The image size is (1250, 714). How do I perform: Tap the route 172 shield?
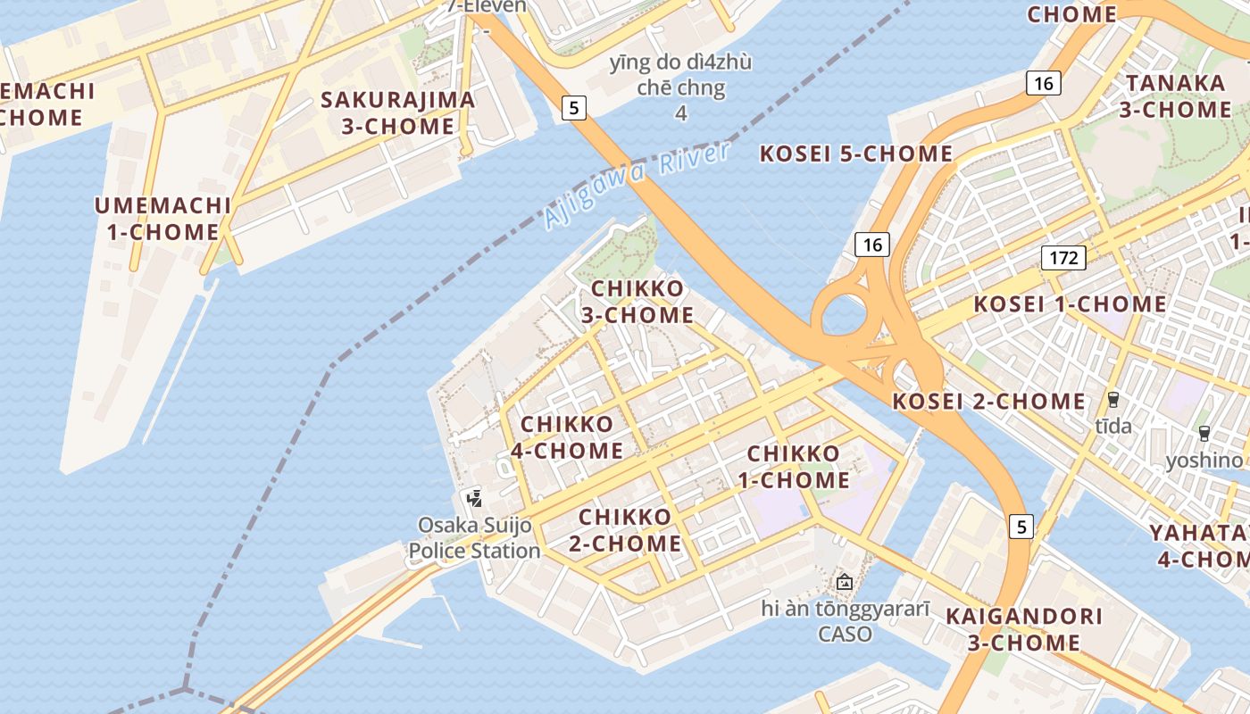point(1062,259)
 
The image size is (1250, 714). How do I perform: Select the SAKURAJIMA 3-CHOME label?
point(397,112)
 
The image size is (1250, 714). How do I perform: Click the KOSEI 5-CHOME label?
point(855,154)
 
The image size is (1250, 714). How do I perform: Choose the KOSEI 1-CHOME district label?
point(1070,304)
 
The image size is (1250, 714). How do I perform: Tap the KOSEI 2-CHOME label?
point(989,402)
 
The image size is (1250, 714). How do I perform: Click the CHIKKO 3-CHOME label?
point(637,302)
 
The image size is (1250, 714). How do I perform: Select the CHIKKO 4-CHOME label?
point(567,437)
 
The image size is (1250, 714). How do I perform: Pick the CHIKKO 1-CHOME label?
point(793,467)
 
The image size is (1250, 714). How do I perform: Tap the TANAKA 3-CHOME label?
point(1175,96)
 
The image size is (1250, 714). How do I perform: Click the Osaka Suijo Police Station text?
point(475,537)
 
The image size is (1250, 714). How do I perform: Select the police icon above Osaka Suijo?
point(474,498)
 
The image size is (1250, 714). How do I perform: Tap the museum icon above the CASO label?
point(845,582)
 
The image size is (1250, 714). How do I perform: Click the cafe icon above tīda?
point(1113,399)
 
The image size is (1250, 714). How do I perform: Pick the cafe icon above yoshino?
point(1204,434)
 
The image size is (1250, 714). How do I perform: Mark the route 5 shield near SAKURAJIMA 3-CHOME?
point(574,108)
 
